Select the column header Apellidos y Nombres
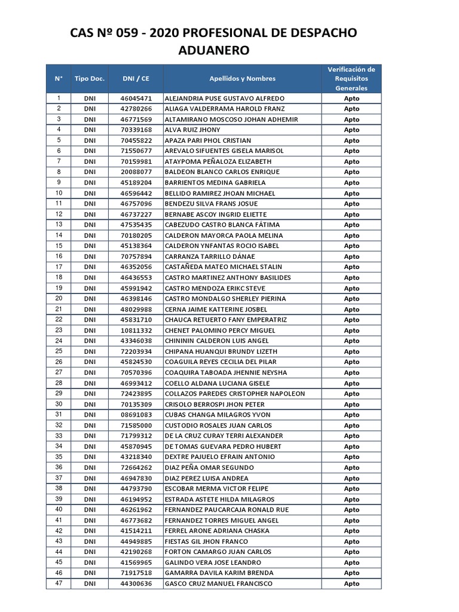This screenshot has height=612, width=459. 242,78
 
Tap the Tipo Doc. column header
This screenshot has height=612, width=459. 90,78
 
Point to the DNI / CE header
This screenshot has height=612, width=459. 136,78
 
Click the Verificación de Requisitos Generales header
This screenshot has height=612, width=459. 351,78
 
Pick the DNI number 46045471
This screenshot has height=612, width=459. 136,98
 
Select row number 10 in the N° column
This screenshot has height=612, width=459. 59,193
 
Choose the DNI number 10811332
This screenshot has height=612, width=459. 136,331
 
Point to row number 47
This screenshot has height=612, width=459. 59,583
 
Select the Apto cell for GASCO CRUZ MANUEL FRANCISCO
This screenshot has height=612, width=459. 351,584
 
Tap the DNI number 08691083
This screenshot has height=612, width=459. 136,415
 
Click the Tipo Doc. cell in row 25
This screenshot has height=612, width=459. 90,351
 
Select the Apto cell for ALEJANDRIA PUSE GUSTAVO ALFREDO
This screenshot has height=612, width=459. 351,98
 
